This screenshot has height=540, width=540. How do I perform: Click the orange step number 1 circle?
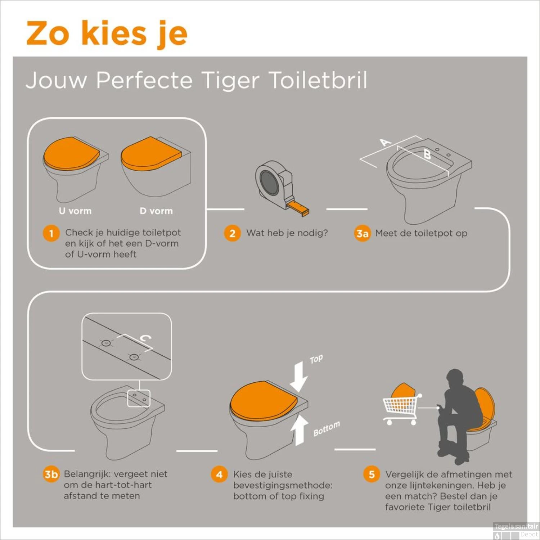51,233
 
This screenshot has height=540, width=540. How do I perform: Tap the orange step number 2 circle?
232,233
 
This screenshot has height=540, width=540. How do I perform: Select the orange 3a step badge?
362,234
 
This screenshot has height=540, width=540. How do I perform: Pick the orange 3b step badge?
51,474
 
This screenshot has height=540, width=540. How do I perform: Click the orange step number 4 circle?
219,474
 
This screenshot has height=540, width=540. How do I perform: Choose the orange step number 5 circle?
372,474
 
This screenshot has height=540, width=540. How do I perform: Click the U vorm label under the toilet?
75,211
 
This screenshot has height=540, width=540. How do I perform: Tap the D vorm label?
156,211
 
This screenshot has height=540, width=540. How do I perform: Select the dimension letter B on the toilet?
427,155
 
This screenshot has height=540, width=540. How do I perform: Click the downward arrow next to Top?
299,377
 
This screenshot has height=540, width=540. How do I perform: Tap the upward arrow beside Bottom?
299,430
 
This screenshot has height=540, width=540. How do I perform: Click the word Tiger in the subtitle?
230,80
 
